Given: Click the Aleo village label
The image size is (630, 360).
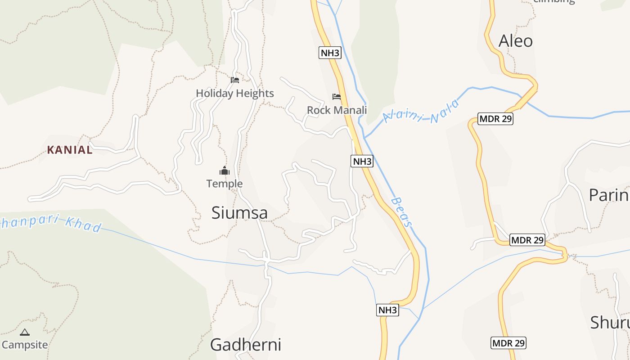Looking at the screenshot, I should click(516, 41).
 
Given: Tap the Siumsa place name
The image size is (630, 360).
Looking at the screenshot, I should click(239, 213).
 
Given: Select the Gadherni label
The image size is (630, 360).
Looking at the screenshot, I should click(246, 345).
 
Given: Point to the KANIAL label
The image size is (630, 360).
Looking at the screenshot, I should click(70, 150).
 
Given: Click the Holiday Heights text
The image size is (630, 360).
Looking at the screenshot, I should click(235, 94).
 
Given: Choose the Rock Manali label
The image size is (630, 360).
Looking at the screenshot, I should click(337, 110).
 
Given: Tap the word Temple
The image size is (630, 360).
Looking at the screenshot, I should click(225, 184).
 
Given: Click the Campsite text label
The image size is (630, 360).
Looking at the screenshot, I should click(25, 345).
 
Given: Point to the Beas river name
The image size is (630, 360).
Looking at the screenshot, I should click(402, 211).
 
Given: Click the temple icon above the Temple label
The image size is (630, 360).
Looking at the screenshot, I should click(225, 171).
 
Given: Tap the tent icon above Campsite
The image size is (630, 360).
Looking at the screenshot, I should click(25, 333).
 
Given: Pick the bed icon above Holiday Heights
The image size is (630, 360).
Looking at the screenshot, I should click(235, 80).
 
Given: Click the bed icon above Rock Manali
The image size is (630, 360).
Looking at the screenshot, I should click(337, 96).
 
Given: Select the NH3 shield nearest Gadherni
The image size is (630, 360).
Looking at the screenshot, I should click(387, 310).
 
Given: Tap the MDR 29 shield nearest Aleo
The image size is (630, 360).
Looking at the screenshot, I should click(495, 119).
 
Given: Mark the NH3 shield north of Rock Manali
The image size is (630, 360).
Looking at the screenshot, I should click(330, 53).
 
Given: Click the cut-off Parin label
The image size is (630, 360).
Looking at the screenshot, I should click(609, 195).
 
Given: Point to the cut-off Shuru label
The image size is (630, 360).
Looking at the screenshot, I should click(610, 323).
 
